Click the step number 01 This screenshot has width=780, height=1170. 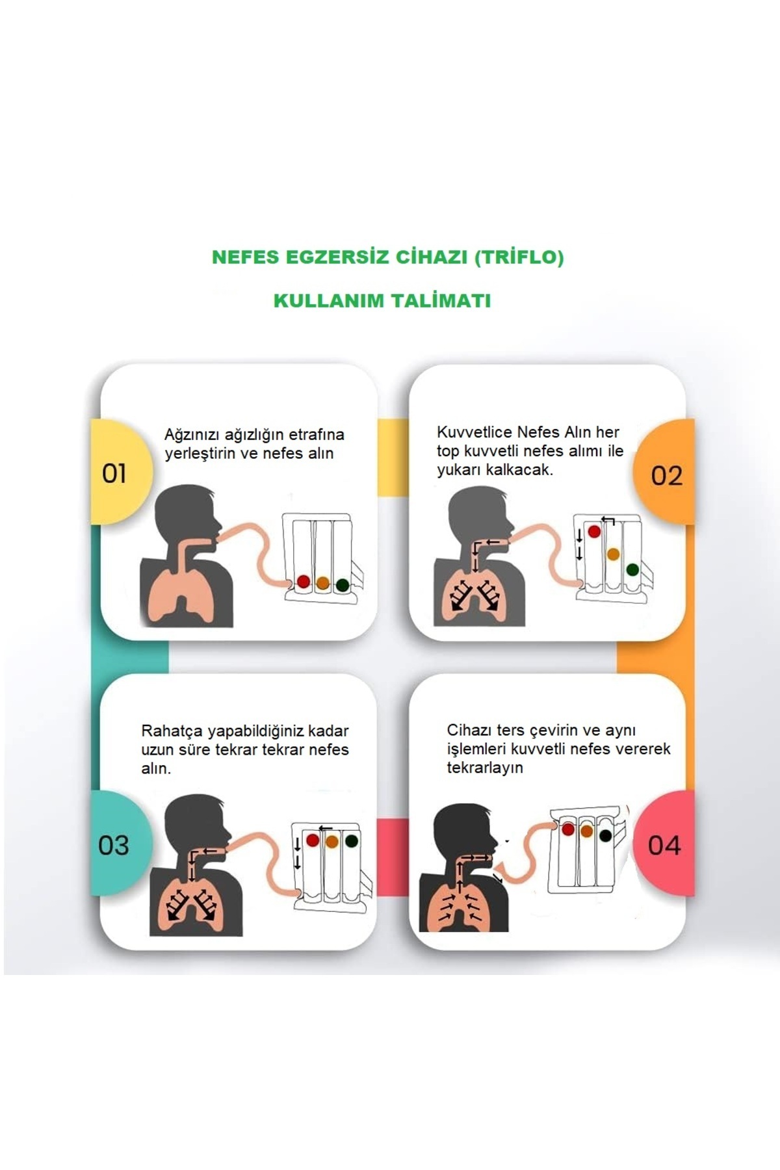(x=114, y=473)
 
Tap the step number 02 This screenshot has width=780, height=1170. (x=666, y=476)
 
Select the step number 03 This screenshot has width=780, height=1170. (x=114, y=845)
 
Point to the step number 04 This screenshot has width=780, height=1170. (x=664, y=845)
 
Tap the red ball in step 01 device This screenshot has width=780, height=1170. (x=303, y=581)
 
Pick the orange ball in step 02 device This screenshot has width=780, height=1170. (x=613, y=554)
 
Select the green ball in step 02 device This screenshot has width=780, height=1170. (x=632, y=569)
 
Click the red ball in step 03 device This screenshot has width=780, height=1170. (x=313, y=840)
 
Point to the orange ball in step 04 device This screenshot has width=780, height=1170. (x=587, y=831)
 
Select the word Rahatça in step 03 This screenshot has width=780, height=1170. (x=172, y=731)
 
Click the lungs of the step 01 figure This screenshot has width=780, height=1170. (x=180, y=591)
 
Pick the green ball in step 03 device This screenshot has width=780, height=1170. (x=352, y=841)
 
